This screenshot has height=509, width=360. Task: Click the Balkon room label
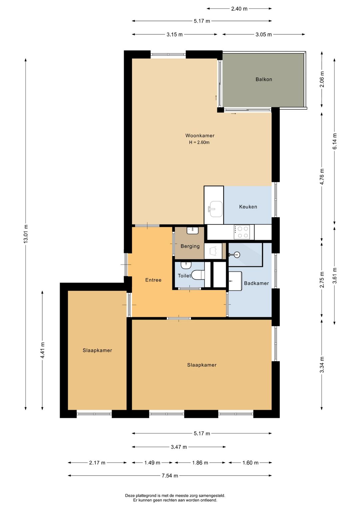(x=263, y=79)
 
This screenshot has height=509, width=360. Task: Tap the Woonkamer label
(x=200, y=135)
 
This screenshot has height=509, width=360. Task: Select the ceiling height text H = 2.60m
(x=199, y=142)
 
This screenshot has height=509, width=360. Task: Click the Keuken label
(x=248, y=207)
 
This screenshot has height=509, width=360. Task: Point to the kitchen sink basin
(x=216, y=209)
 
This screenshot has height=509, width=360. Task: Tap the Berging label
(x=190, y=246)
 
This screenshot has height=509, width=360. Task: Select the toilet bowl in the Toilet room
(x=198, y=275)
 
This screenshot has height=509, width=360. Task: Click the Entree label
(x=153, y=280)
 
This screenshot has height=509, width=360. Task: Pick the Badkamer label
(x=256, y=283)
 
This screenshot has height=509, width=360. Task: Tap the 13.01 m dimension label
(x=26, y=234)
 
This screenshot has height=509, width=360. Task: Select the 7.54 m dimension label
(x=170, y=476)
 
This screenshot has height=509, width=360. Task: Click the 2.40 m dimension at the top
(x=239, y=9)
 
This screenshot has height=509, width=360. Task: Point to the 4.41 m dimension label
(x=42, y=350)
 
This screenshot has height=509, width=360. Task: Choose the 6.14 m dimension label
(x=335, y=141)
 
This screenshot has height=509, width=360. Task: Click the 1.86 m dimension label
(x=200, y=463)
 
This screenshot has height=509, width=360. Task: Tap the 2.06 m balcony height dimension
(x=322, y=79)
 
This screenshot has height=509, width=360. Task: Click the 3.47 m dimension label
(x=179, y=447)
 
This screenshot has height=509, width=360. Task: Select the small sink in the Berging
(x=193, y=230)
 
